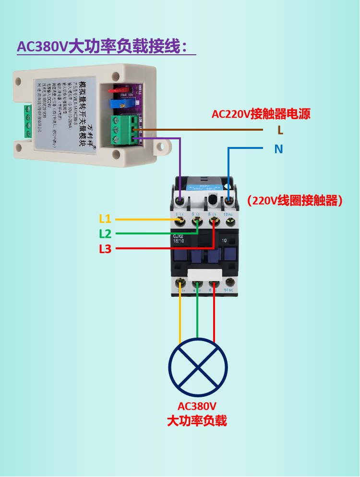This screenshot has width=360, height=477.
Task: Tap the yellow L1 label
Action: (105, 219)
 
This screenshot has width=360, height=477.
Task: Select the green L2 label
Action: (105, 234)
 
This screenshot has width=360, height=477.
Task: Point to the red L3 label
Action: (105, 249)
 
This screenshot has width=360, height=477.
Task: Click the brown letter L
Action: (280, 130)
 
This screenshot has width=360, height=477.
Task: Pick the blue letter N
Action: (278, 149)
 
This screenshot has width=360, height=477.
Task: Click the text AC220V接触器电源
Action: (261, 114)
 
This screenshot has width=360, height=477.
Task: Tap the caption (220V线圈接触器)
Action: (295, 201)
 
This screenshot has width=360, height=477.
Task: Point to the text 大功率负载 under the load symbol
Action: (197, 421)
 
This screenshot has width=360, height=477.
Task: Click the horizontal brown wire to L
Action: (202, 130)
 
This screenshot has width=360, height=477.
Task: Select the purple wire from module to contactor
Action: (180, 163)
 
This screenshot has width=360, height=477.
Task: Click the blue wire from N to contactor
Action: (228, 168)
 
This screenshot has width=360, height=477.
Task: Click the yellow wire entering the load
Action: (180, 317)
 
